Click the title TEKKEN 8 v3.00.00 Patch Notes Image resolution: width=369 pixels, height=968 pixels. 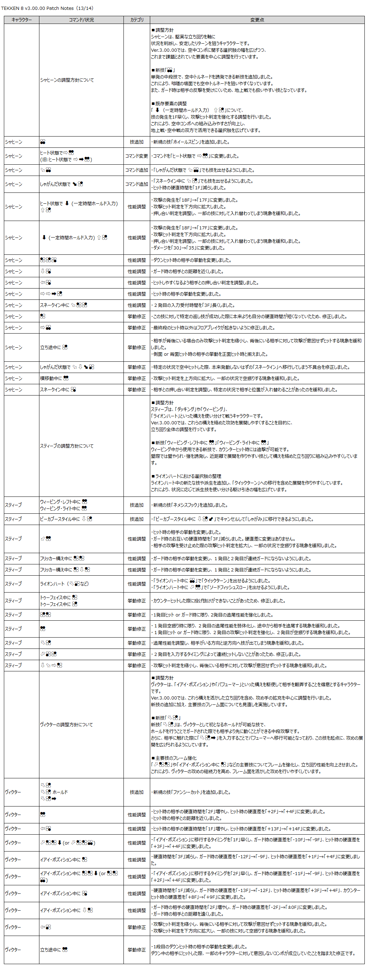[x=47, y=8]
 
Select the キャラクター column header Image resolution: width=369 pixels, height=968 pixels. [x=22, y=20]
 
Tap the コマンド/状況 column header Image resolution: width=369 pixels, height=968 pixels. [x=81, y=20]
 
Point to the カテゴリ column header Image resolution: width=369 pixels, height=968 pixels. [x=137, y=20]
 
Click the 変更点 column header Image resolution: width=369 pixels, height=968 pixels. [x=257, y=20]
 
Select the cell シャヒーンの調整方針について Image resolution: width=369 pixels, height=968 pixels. [x=67, y=80]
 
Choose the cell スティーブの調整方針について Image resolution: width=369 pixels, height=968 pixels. [x=67, y=446]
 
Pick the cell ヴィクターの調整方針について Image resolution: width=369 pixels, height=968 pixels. [x=66, y=725]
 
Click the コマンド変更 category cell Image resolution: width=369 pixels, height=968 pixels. [x=137, y=156]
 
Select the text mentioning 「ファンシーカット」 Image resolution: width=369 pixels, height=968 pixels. [x=192, y=792]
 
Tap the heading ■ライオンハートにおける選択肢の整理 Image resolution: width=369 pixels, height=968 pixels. [x=186, y=476]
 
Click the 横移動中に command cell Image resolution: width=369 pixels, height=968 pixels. [x=54, y=378]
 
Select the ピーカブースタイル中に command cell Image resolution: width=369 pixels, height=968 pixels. [x=66, y=519]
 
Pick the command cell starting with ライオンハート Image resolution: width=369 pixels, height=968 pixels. [x=64, y=584]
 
